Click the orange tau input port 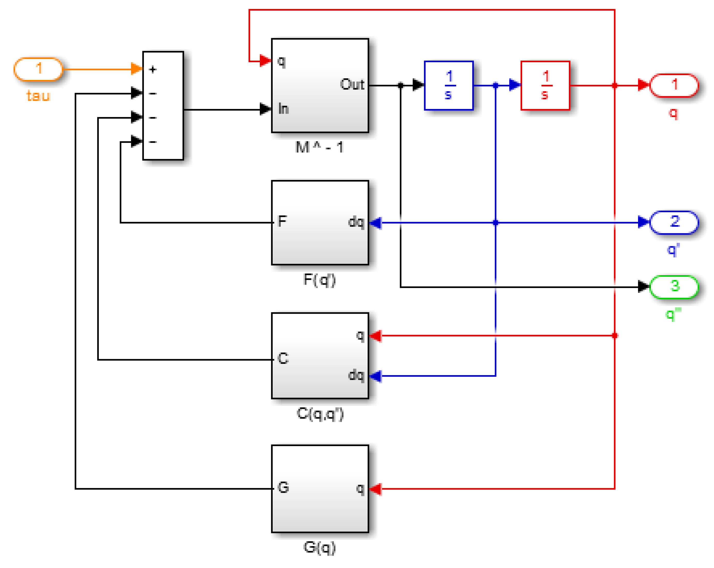[x=38, y=69]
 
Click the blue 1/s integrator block [x=449, y=85]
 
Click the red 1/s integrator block [x=545, y=85]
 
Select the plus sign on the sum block [x=152, y=69]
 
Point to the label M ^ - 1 [x=319, y=147]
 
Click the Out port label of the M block [x=352, y=84]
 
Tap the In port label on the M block [x=283, y=109]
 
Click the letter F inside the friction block [x=282, y=221]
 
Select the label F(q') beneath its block [x=319, y=279]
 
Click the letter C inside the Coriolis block [x=283, y=358]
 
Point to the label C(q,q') [x=320, y=414]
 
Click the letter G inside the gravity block [x=283, y=487]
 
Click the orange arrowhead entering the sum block [x=136, y=69]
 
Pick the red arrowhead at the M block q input [x=265, y=61]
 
